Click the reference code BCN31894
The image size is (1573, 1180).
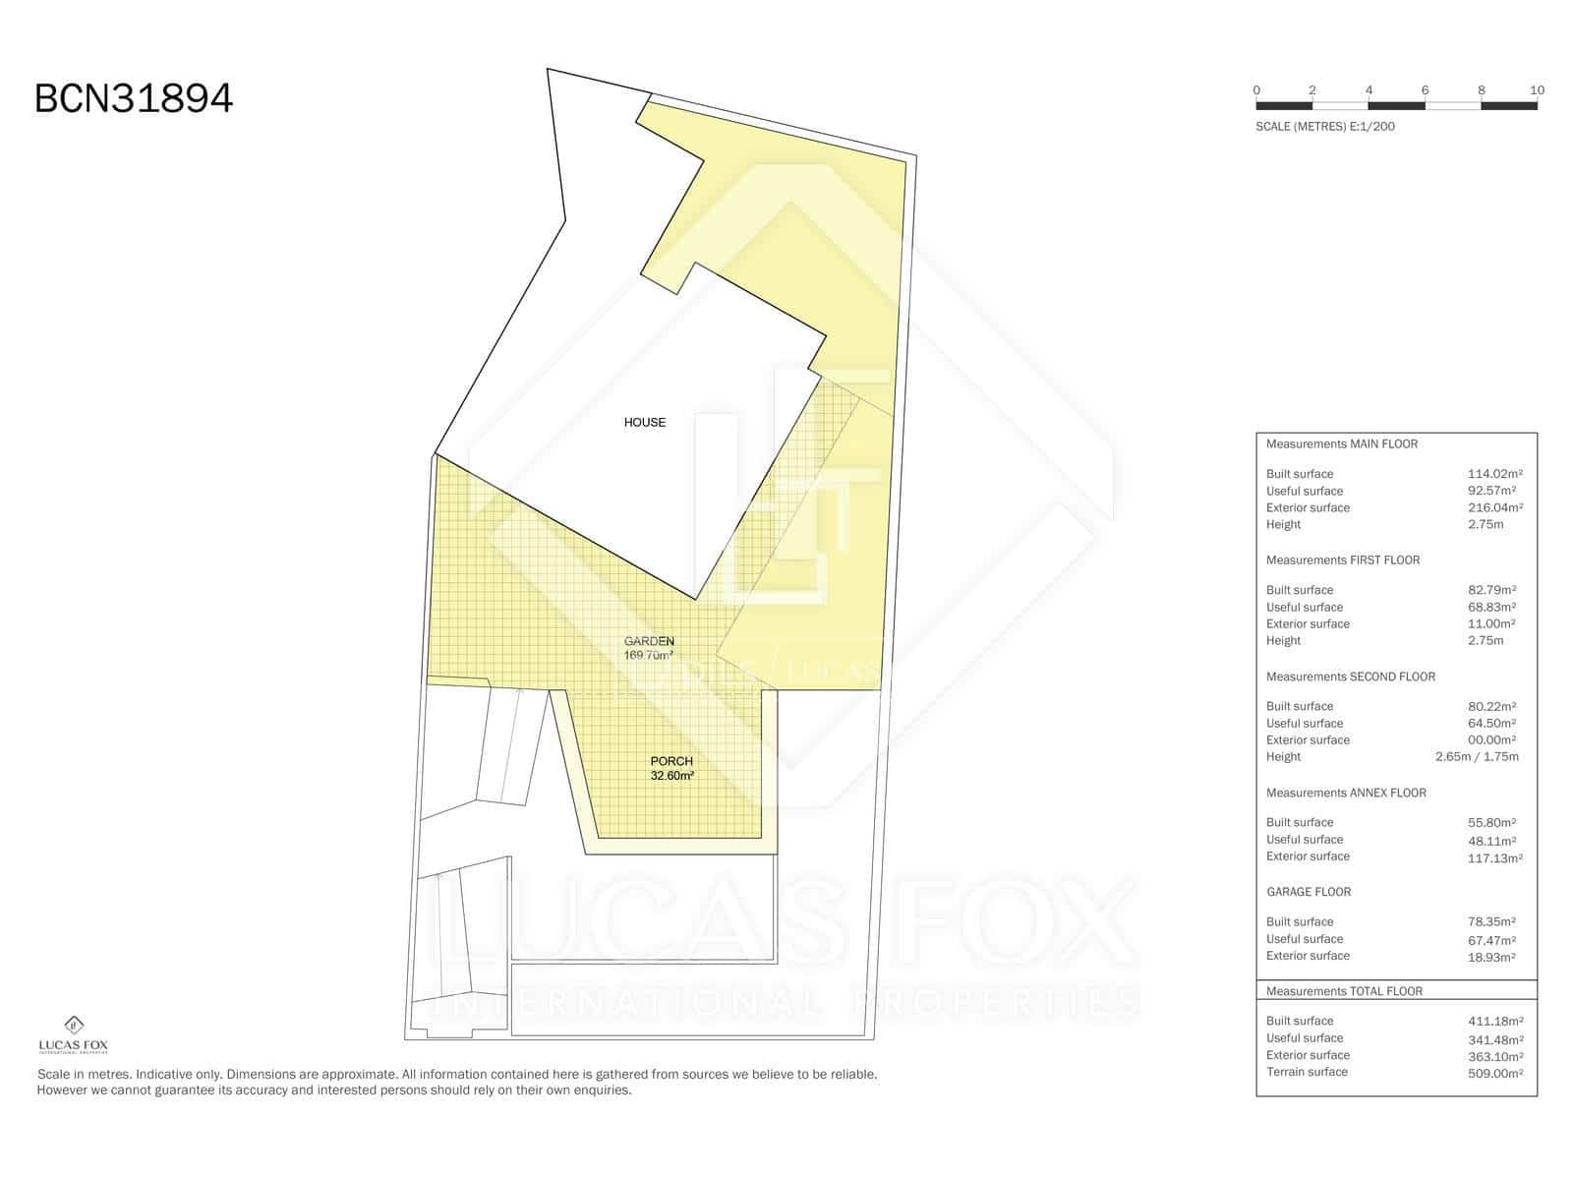click(134, 98)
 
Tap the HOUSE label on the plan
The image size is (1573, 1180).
click(644, 423)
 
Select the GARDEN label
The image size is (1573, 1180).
click(649, 641)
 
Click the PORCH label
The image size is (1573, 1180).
click(671, 761)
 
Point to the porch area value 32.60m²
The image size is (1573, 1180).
click(671, 776)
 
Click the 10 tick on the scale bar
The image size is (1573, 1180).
click(1538, 90)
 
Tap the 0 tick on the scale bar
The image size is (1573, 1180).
click(1256, 90)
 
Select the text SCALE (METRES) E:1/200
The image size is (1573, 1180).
click(1325, 127)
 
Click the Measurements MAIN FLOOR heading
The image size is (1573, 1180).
click(1342, 444)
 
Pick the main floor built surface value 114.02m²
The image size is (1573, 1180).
click(1495, 474)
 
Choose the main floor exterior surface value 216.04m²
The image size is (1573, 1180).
click(1495, 507)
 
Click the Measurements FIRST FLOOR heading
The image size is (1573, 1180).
click(1343, 560)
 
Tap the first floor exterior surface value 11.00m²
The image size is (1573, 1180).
click(1491, 623)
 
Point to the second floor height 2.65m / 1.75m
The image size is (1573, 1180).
click(1477, 756)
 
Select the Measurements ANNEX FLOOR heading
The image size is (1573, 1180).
click(1346, 794)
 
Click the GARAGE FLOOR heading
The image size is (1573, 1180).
click(1309, 892)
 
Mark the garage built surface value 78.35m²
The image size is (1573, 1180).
click(1491, 922)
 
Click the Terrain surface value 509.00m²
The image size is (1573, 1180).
click(1495, 1073)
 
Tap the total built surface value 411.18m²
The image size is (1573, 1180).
click(1495, 1021)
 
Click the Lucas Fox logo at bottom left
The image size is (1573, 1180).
click(73, 1034)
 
